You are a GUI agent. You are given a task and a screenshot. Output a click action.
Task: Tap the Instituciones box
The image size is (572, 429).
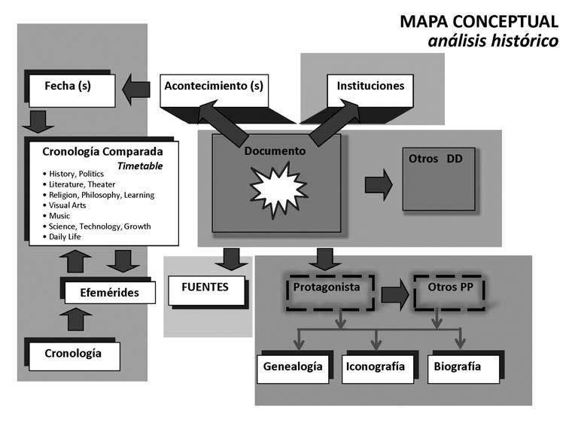370,87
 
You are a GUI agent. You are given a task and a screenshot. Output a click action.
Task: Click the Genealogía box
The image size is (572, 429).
294,367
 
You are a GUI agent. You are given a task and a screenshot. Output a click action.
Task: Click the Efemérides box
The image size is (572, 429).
109,293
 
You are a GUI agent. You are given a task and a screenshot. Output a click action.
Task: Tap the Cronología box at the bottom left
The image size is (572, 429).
72,353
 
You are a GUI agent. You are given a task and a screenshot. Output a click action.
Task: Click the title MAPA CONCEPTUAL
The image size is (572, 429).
479,21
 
